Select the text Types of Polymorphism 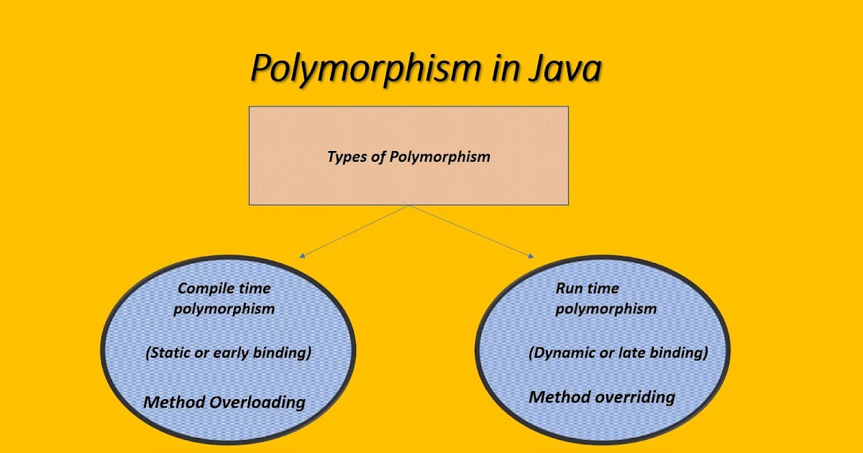[x=408, y=156]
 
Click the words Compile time [x=224, y=289]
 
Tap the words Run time [x=588, y=288]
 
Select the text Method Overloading [x=224, y=402]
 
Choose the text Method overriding [x=602, y=397]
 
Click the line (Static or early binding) [x=228, y=353]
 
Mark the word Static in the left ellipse [x=170, y=353]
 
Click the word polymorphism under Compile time [x=224, y=309]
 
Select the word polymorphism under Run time [x=606, y=309]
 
